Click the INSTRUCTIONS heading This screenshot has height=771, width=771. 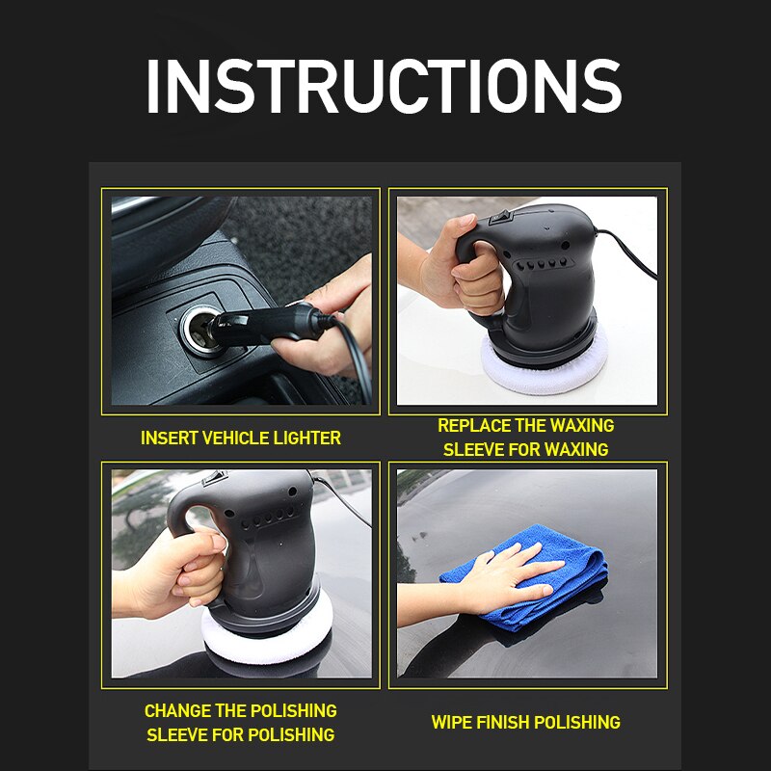pyautogui.click(x=384, y=87)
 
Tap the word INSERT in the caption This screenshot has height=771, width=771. pyautogui.click(x=166, y=438)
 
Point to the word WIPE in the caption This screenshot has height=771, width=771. pyautogui.click(x=451, y=722)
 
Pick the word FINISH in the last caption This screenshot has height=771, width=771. pyautogui.click(x=502, y=722)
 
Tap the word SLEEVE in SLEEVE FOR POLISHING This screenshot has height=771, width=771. pyautogui.click(x=177, y=734)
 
